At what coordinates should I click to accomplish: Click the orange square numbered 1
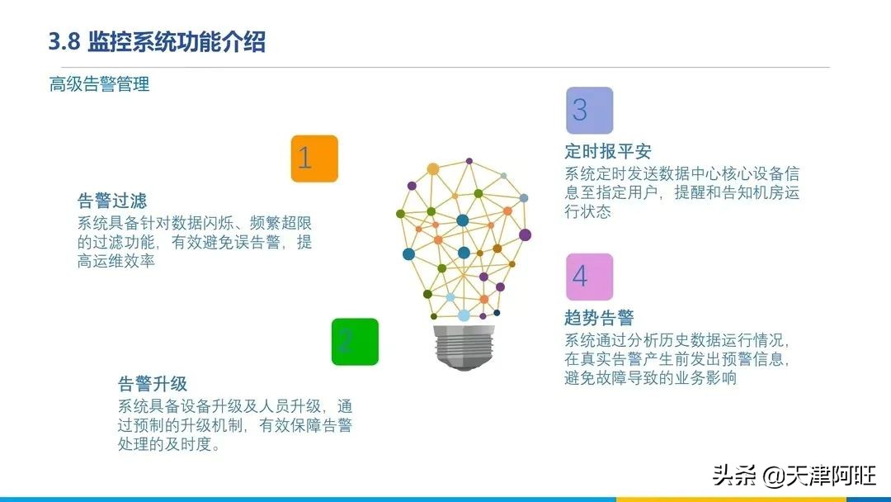(x=314, y=159)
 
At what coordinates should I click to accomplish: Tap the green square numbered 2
(x=355, y=342)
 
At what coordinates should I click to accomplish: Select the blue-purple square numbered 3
(x=589, y=111)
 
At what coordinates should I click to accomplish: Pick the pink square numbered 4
(x=589, y=277)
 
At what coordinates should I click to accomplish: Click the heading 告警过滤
(x=112, y=201)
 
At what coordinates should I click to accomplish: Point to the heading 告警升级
(x=153, y=384)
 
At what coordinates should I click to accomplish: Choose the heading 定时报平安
(x=607, y=151)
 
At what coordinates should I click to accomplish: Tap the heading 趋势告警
(x=599, y=317)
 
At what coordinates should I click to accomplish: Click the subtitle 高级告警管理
(x=100, y=84)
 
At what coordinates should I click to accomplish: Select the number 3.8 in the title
(x=64, y=41)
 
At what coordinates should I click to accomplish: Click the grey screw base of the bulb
(x=464, y=347)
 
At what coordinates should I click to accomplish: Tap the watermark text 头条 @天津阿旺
(x=794, y=476)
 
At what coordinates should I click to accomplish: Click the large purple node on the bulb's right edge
(x=525, y=234)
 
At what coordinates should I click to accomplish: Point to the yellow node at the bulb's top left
(x=433, y=169)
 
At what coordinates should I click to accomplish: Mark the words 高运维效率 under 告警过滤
(x=116, y=261)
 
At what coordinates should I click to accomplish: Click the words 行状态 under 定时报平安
(x=587, y=211)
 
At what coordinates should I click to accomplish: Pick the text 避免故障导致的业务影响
(x=650, y=378)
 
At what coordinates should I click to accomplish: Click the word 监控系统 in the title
(x=132, y=42)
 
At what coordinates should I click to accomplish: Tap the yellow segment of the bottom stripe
(x=731, y=500)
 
